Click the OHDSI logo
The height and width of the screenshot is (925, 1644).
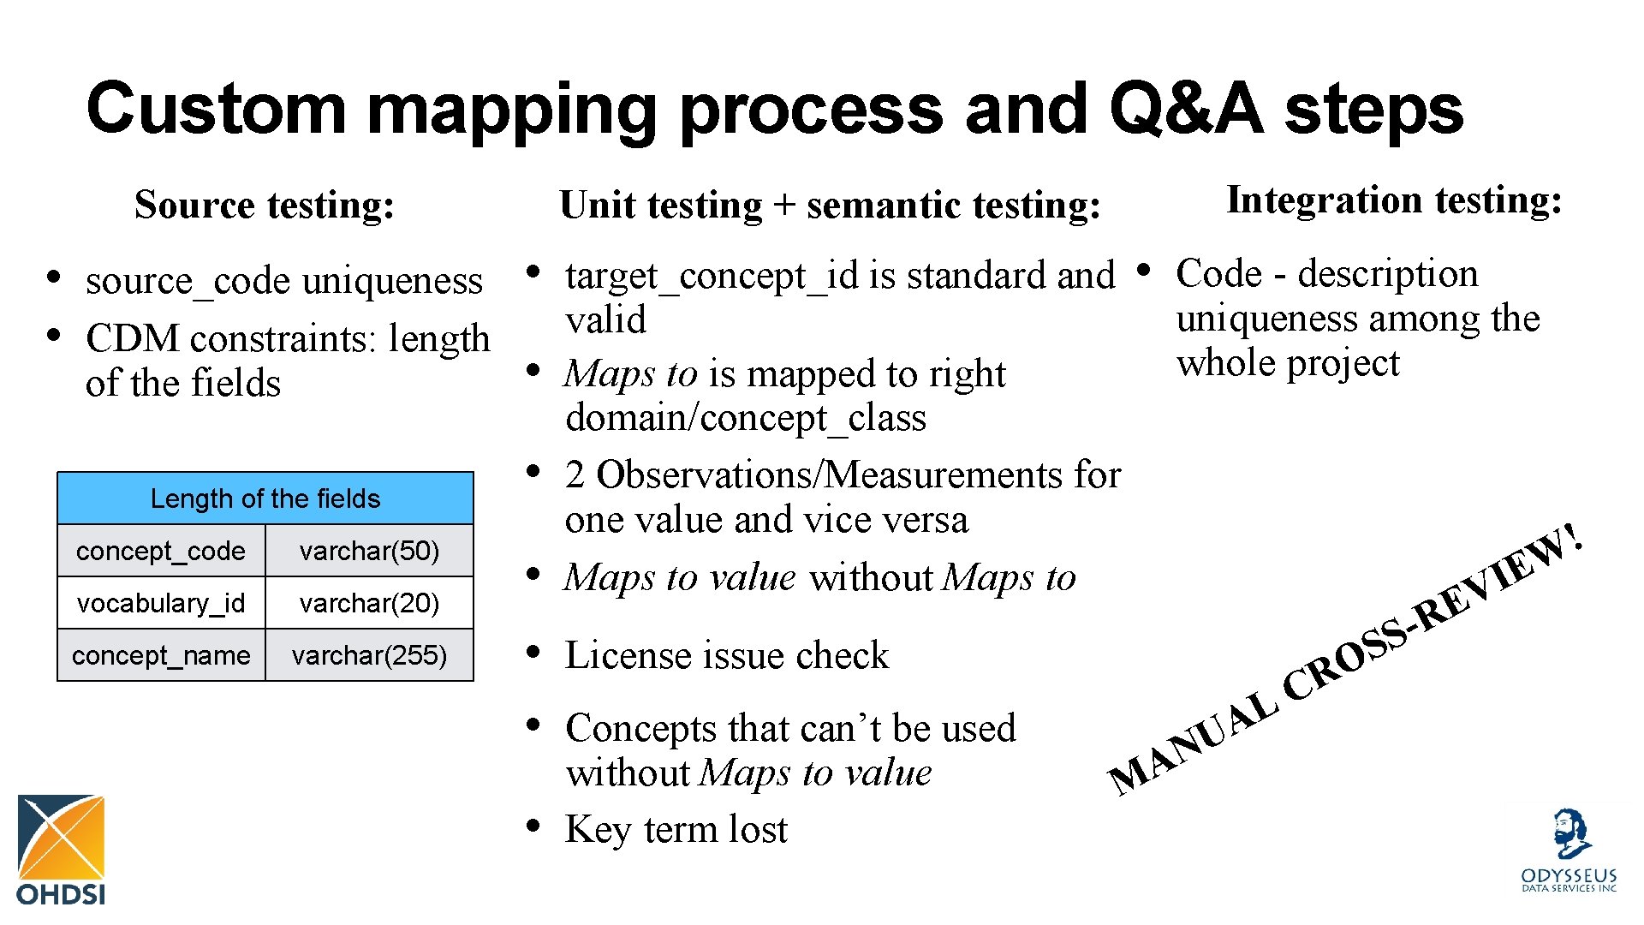(x=61, y=848)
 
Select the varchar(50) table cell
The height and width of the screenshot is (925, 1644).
(x=369, y=551)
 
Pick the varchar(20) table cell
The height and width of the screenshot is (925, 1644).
(x=369, y=603)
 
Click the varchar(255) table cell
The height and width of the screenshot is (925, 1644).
(x=369, y=655)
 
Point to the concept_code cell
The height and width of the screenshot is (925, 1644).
(x=161, y=551)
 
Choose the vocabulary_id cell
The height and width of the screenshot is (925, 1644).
(x=161, y=603)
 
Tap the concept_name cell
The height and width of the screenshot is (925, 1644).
(x=161, y=655)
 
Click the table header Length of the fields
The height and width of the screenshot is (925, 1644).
(x=265, y=498)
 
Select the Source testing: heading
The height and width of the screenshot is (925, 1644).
(x=265, y=205)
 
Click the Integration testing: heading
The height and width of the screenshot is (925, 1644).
(x=1394, y=200)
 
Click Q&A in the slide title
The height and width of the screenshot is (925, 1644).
(x=1185, y=109)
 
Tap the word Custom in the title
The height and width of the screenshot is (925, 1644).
(x=217, y=109)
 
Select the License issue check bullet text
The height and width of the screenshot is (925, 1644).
(x=726, y=655)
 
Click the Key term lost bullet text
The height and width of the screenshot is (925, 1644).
(x=676, y=829)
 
